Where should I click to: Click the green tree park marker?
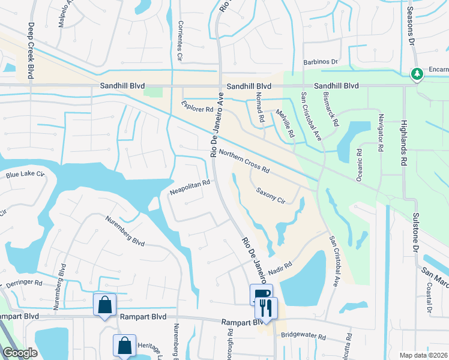click(x=417, y=74)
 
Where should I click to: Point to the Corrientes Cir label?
click(x=180, y=41)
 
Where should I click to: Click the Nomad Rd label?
click(x=260, y=109)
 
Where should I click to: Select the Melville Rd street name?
click(x=285, y=123)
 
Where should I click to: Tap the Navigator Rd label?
click(x=379, y=133)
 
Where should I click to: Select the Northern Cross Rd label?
click(x=244, y=161)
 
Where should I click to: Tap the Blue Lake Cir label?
click(x=25, y=175)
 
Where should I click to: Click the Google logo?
click(x=20, y=352)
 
